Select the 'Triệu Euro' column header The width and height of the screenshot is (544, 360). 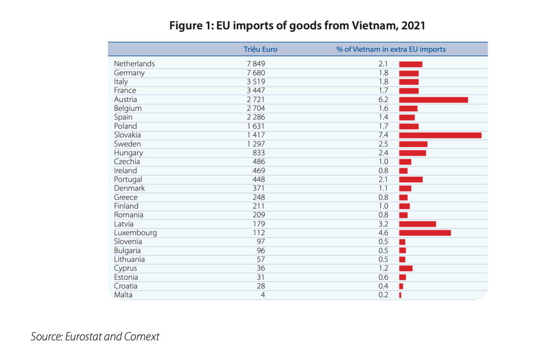pos(260,49)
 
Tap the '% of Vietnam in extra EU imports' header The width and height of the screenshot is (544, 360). pos(390,49)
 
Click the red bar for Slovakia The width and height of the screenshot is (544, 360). pos(440,135)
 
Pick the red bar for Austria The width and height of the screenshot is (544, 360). pos(433,99)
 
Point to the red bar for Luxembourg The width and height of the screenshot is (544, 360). pos(424,233)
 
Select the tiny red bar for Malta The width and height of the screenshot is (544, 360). pos(400,295)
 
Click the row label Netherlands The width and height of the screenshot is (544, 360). pos(134,64)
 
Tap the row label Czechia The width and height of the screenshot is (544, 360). pos(127,161)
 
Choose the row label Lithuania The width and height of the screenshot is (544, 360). pos(129,259)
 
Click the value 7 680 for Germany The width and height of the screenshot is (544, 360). pos(256,73)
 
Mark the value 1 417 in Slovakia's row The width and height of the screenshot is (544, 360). pos(256,135)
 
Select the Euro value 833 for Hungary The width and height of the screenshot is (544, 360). pos(259,152)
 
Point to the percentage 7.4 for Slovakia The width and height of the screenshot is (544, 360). pos(383,135)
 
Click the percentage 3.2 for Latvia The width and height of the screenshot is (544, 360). pos(383,224)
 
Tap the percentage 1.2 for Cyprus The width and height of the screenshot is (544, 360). pos(383,268)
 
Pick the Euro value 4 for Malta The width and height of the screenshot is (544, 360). pos(262,295)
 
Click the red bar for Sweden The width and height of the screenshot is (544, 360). pos(413,144)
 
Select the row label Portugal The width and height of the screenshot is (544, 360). pos(128,179)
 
